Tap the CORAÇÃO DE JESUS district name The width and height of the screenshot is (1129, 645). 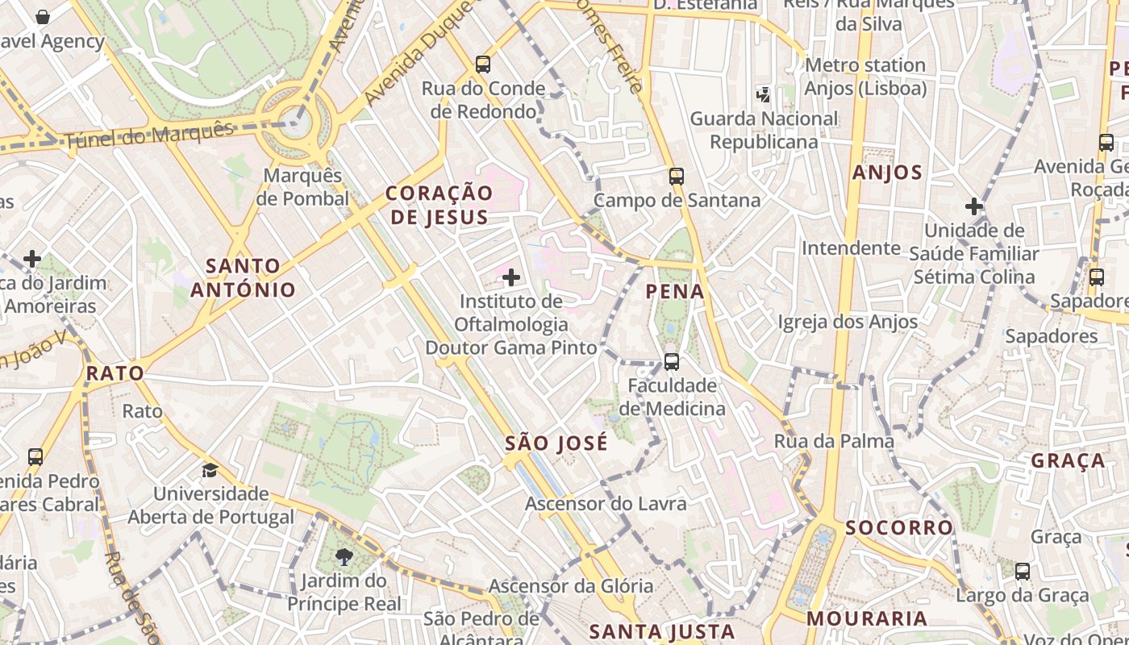440,205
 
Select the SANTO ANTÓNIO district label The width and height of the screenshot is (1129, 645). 243,277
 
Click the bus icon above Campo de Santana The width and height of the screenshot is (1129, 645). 677,176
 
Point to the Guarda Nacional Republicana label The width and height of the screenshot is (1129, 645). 764,131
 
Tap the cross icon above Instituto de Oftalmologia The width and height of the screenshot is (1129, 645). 511,278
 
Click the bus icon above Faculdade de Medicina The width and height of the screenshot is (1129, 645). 672,361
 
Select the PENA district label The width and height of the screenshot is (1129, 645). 676,292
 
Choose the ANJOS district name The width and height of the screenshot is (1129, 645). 887,173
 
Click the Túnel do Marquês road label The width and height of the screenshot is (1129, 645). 149,135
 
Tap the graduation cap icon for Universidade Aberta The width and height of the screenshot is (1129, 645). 210,470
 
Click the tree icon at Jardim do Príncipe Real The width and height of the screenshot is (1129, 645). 344,556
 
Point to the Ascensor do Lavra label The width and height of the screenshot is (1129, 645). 606,504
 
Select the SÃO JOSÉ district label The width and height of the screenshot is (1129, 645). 556,443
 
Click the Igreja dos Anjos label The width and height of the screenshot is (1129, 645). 848,322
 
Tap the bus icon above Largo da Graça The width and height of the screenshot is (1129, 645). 1023,572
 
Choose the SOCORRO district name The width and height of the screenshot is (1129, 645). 899,528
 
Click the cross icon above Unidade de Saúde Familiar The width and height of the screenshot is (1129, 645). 974,206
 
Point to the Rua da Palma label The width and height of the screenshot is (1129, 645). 834,441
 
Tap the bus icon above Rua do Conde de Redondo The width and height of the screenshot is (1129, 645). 483,64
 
